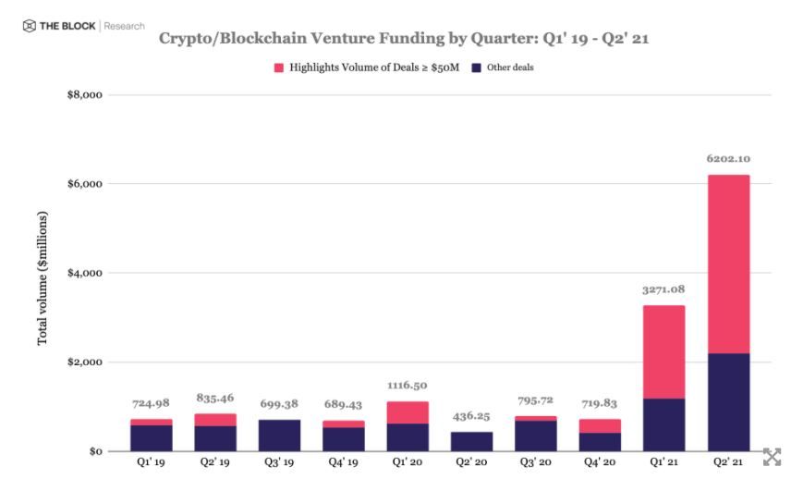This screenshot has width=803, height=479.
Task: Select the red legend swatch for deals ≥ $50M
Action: (279, 68)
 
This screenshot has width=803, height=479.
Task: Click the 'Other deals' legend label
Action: (510, 68)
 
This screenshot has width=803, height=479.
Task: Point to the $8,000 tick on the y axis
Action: (82, 95)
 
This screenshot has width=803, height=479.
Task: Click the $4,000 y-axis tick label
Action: (82, 274)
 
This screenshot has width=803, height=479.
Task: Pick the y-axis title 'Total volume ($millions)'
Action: (43, 278)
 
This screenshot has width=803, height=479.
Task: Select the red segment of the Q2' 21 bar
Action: (727, 264)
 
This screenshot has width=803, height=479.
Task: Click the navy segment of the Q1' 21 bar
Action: (663, 424)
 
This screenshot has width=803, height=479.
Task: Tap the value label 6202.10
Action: (727, 158)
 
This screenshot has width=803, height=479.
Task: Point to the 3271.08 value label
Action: (663, 289)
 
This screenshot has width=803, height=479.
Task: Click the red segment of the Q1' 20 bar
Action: (408, 412)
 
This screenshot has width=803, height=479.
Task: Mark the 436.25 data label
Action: (471, 416)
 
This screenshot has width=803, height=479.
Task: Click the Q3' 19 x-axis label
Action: (279, 461)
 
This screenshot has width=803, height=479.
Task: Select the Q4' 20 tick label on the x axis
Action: (600, 461)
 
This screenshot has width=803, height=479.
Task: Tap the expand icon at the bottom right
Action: (773, 457)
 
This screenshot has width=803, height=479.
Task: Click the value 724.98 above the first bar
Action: (151, 403)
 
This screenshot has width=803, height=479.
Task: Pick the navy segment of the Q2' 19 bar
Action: (215, 438)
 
